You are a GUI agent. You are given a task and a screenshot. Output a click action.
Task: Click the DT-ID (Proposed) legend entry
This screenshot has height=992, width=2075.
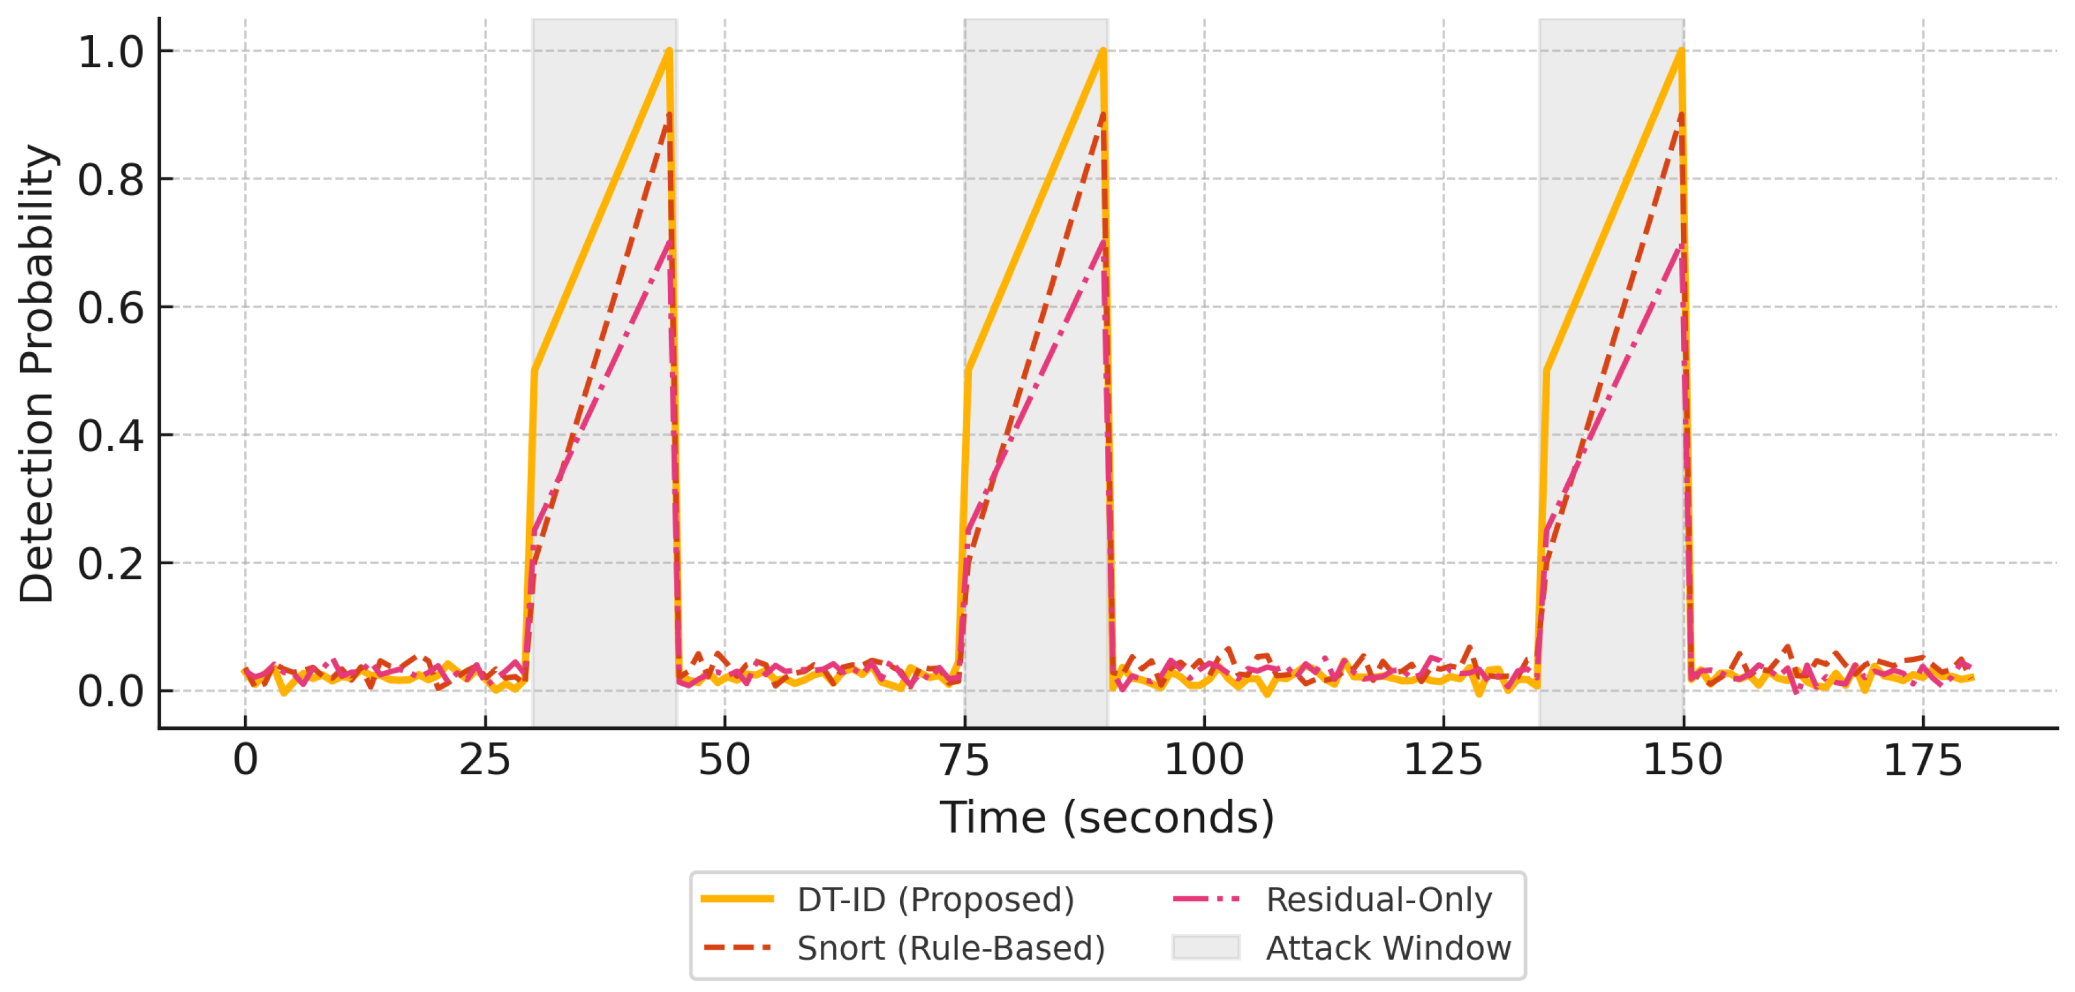[934, 899]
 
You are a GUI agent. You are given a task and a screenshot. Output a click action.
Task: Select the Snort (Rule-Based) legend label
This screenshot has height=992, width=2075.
[950, 948]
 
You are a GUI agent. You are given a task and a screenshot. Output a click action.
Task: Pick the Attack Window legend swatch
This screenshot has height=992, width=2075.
[1205, 948]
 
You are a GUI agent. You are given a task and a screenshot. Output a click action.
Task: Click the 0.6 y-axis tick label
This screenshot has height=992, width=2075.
[110, 307]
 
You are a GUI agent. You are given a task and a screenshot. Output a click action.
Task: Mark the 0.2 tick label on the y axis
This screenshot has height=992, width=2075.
[110, 563]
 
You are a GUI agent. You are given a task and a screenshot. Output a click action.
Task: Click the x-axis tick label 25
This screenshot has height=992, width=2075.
[485, 760]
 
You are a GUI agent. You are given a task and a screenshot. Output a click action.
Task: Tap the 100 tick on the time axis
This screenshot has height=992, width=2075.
[1204, 760]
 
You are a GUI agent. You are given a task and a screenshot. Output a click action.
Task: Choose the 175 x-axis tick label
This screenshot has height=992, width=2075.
[1923, 760]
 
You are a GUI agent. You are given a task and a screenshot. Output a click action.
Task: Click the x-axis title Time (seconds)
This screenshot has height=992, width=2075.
[1107, 818]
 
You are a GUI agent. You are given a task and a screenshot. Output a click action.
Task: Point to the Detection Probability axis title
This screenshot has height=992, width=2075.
[37, 373]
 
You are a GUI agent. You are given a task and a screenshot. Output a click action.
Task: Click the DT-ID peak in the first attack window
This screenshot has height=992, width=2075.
[669, 51]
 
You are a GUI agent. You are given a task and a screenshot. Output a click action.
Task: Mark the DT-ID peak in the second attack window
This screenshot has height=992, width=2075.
[1103, 51]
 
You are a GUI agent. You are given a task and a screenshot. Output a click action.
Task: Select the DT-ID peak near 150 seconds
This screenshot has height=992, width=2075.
[1681, 51]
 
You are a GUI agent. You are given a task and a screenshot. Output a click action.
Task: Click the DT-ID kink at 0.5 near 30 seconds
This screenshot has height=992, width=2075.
[534, 371]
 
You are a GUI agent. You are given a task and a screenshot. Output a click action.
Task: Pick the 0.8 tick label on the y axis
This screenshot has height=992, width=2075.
[110, 180]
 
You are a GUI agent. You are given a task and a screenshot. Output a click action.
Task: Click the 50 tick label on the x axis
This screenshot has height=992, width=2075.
[724, 760]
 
